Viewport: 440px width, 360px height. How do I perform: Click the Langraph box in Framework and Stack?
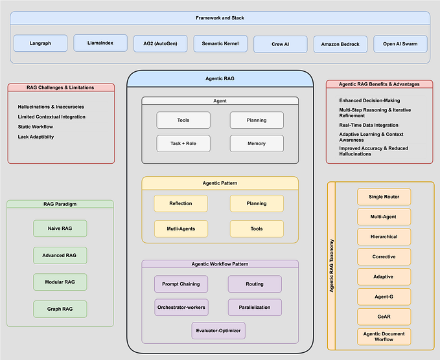coord(40,43)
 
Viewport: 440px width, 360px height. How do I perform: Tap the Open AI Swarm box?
coord(400,44)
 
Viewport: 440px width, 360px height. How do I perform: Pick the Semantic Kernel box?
coord(220,43)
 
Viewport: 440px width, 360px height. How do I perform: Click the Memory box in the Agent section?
coord(257,143)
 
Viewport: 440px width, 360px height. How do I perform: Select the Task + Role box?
coord(183,143)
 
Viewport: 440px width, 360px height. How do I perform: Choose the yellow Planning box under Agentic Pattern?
coord(257,203)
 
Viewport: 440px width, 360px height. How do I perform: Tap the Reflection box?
coord(181,203)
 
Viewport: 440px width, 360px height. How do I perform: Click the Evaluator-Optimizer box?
coord(218,330)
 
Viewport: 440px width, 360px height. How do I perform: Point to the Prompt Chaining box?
coord(181,284)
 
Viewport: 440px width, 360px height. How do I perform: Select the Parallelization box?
coord(255,307)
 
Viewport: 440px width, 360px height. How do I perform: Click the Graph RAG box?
coord(60,309)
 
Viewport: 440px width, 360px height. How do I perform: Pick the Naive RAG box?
coord(60,228)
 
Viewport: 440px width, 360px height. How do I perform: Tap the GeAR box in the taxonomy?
coord(384,317)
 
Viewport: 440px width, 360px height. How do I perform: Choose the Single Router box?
coord(384,197)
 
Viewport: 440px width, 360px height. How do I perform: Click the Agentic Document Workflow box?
coord(384,337)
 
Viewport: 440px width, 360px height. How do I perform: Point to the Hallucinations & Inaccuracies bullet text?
coord(51,107)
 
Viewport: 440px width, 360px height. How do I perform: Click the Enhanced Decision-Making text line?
coord(369,100)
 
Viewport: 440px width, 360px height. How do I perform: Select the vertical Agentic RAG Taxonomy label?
coord(332,265)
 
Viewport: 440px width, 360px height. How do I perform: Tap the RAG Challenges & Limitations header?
coord(61,87)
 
